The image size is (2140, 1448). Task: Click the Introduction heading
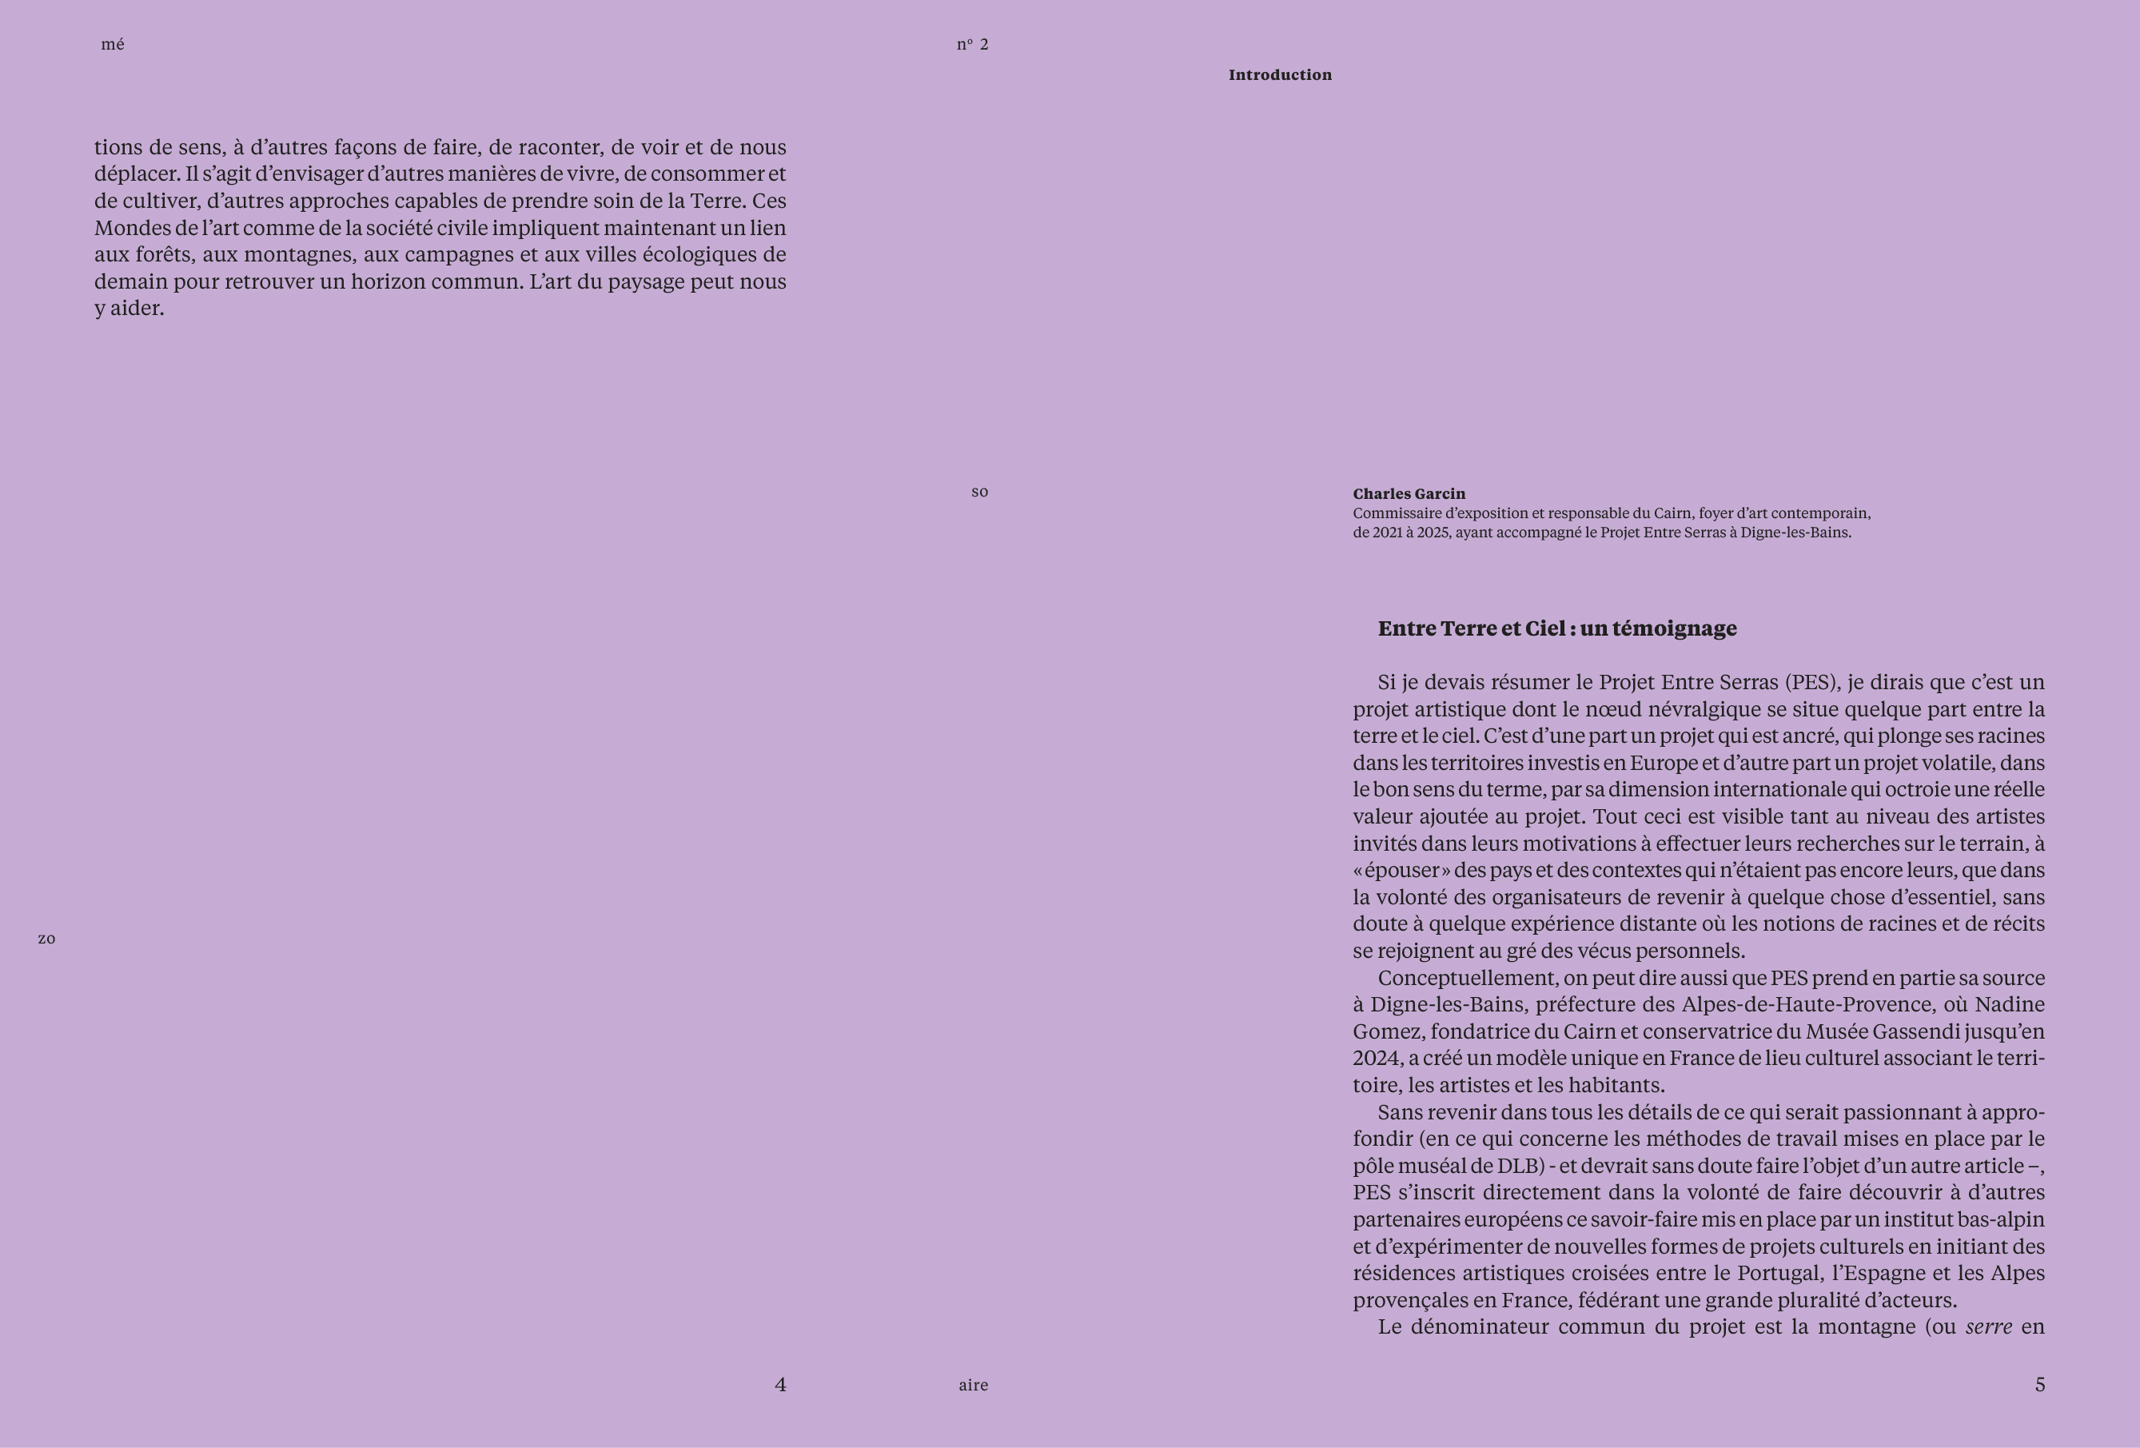1279,74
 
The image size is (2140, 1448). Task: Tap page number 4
780,1385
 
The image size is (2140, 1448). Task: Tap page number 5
2039,1385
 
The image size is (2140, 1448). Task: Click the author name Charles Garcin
1408,493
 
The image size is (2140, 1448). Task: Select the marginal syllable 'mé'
113,44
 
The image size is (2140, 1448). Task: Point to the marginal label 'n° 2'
972,44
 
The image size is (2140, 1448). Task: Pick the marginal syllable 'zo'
46,939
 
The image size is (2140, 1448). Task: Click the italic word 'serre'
1989,1327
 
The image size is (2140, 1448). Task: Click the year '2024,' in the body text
1377,1059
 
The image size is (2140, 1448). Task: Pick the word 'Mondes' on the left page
132,228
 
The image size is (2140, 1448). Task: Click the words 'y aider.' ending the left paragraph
129,309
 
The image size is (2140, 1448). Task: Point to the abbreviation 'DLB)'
1520,1166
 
